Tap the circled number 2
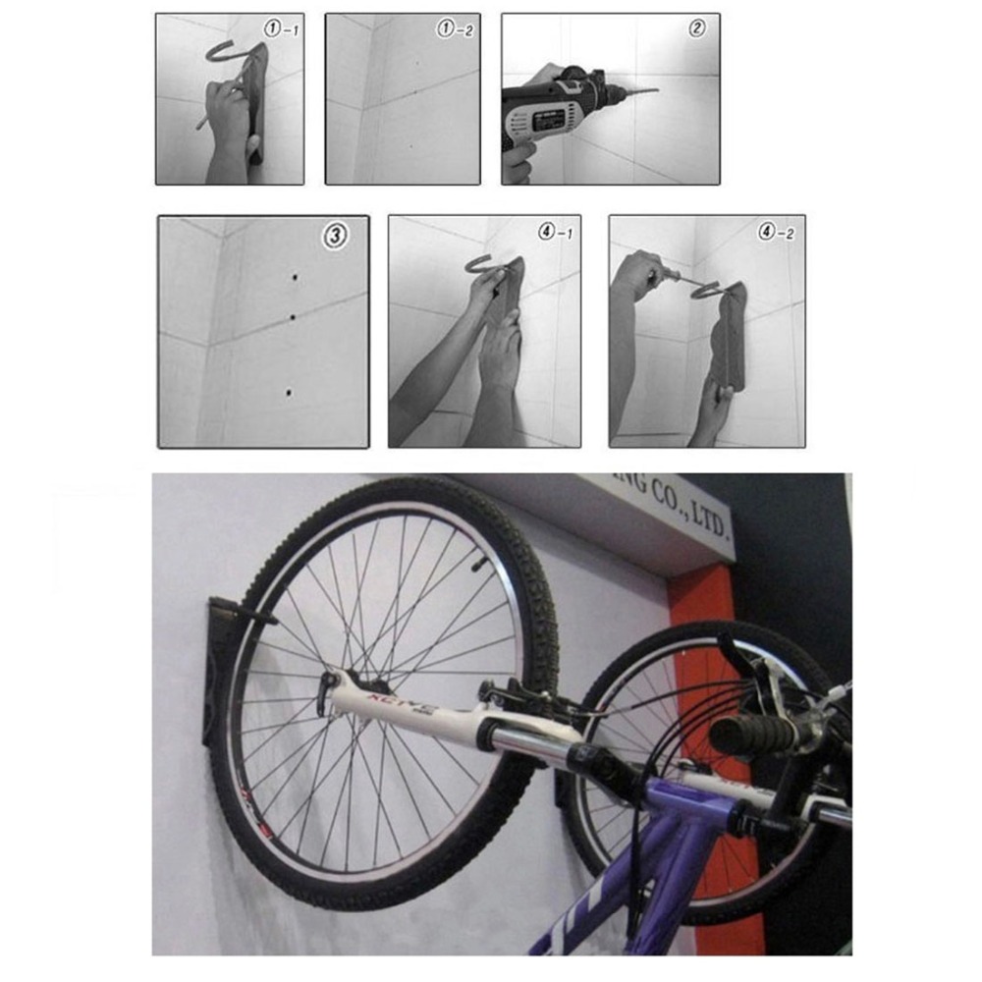pos(696,28)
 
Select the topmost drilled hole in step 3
pos(295,280)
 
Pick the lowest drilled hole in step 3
pos(289,392)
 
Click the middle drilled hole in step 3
pos(292,317)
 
